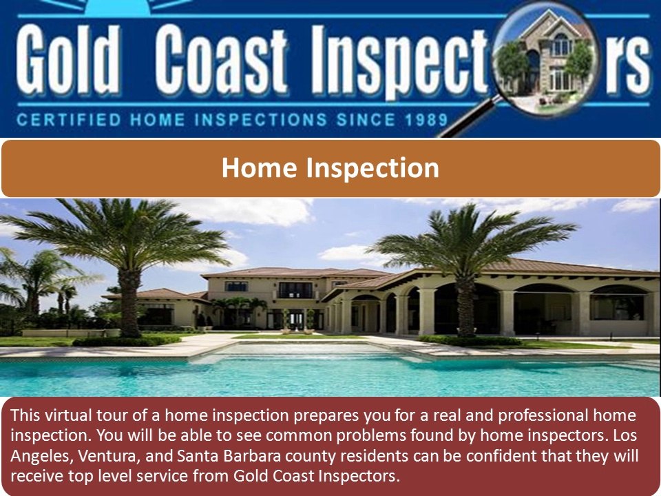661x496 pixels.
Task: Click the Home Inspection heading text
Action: click(x=330, y=168)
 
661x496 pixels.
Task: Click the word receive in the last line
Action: click(x=34, y=476)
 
